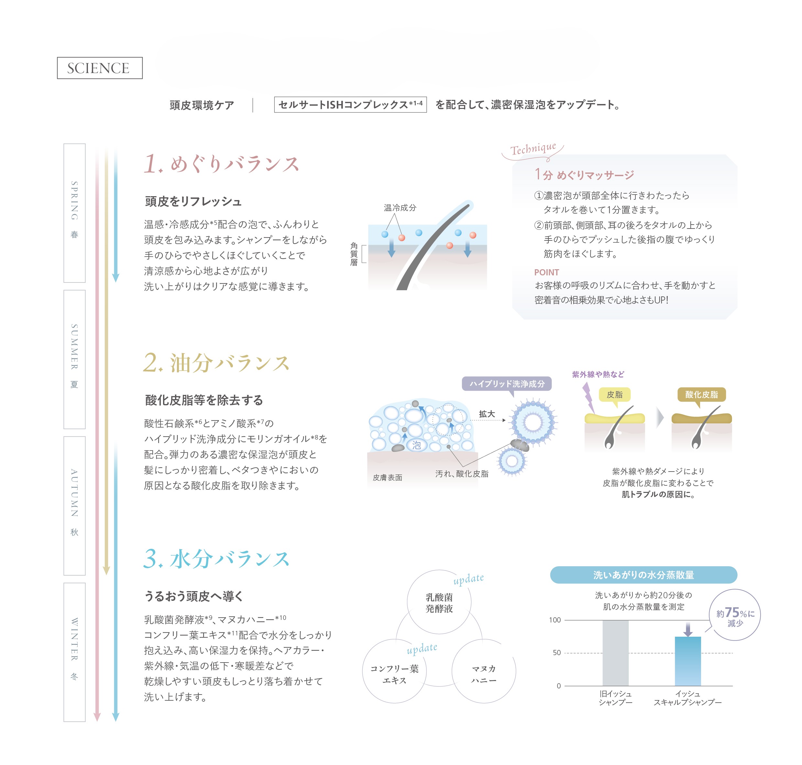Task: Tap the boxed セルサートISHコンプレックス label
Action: pos(350,104)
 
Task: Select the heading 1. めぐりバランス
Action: pos(222,164)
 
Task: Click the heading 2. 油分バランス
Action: pos(216,363)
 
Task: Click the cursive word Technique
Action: pos(533,149)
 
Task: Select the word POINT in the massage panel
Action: pos(546,272)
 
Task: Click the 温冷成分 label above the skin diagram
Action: pos(400,207)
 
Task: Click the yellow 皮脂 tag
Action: pos(614,394)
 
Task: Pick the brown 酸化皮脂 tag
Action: pos(701,394)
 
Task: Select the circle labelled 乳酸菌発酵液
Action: pos(439,602)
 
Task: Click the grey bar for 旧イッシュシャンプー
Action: pos(615,653)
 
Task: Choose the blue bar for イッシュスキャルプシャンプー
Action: pos(688,661)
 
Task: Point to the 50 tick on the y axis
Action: pos(557,653)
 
